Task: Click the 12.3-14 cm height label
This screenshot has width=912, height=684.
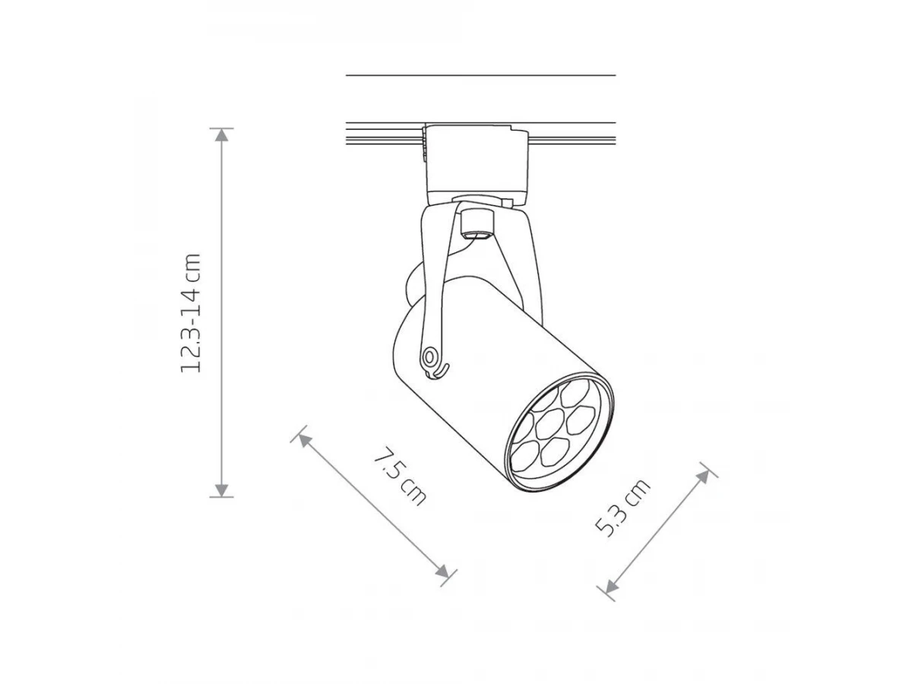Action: pos(191,312)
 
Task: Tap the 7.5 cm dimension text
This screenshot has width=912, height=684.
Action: pos(400,477)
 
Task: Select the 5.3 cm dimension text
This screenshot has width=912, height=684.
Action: pos(622,508)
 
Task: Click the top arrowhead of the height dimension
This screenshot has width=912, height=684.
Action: pos(221,135)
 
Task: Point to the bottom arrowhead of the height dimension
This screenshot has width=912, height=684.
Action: pos(221,490)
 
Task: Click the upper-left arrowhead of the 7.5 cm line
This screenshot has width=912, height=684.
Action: pos(305,440)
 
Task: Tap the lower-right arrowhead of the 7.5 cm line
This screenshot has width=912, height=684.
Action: pos(443,571)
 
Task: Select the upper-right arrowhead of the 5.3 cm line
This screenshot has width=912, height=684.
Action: pos(704,477)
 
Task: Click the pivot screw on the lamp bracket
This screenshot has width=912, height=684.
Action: pos(429,356)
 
